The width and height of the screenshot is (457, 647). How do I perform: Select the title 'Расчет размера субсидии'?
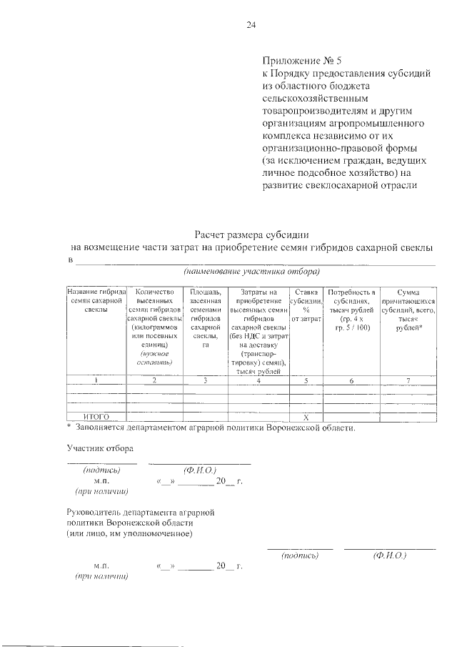pos(252,233)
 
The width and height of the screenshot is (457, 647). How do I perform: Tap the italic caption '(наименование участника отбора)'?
pos(251,272)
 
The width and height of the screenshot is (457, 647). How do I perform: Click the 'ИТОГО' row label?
pos(96,417)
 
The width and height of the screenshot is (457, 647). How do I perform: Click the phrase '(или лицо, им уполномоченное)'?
pos(129,533)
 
